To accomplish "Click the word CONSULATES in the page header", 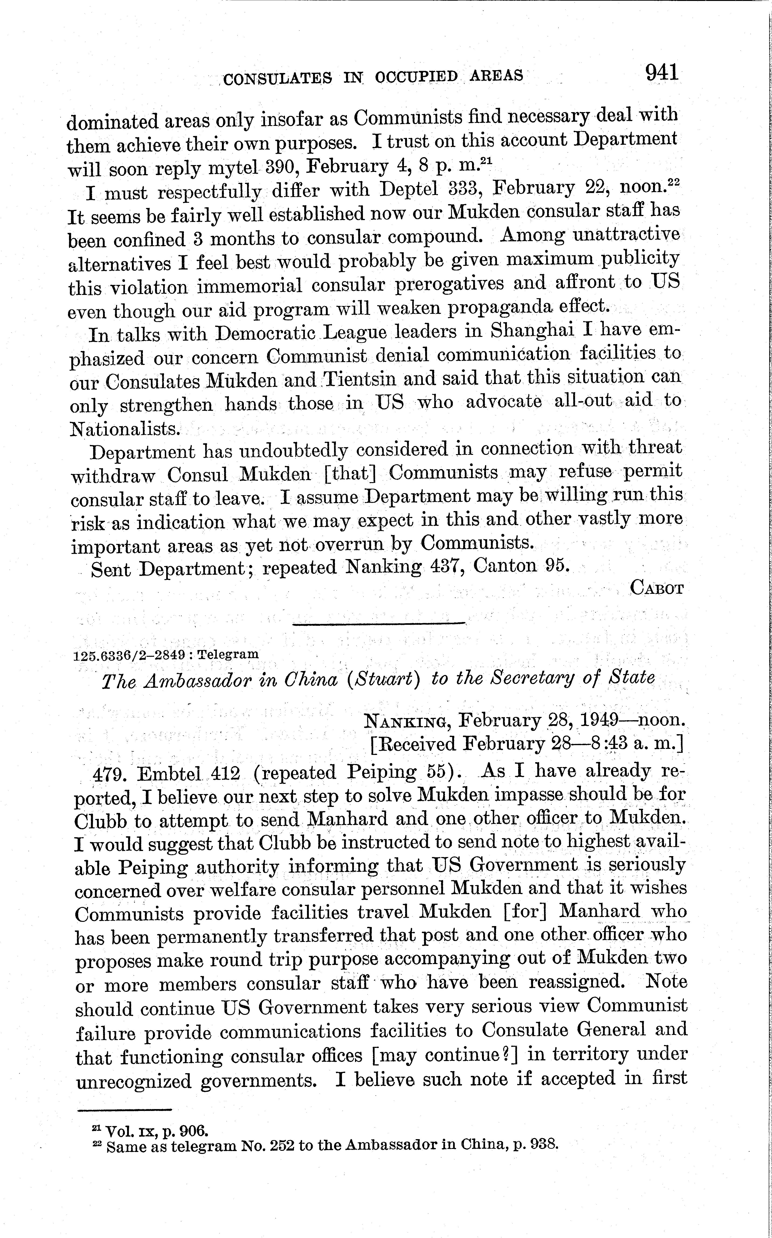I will click(x=278, y=78).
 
